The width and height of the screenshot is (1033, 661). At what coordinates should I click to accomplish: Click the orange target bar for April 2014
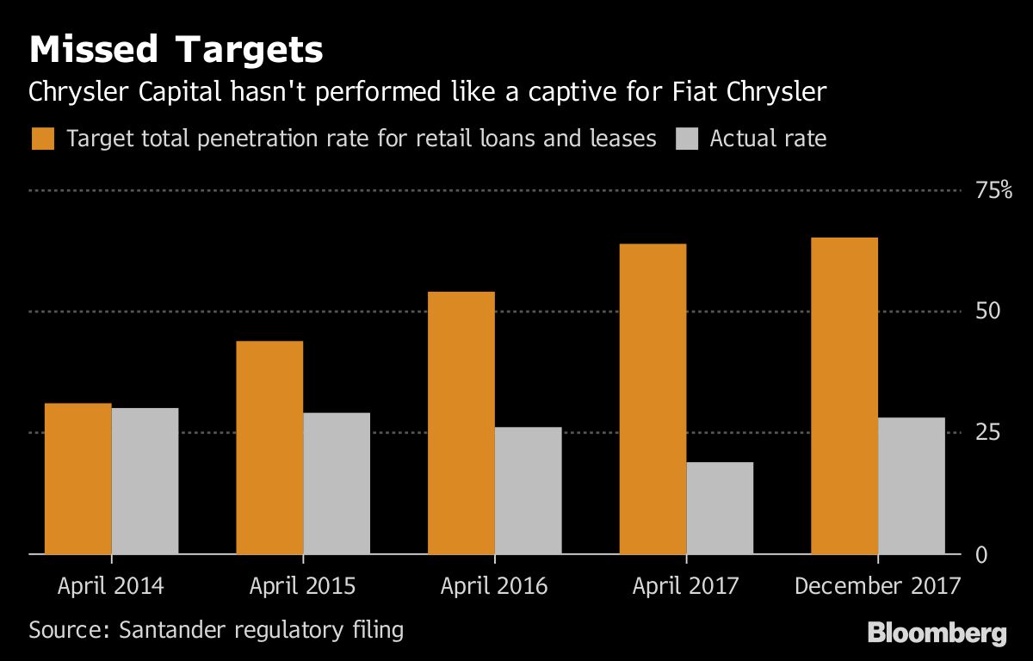pos(77,479)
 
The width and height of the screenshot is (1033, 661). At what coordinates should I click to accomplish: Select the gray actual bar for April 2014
pos(145,480)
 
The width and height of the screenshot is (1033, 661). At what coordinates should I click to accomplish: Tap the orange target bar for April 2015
pos(269,448)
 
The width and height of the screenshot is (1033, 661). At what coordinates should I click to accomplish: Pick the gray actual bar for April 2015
pos(337,483)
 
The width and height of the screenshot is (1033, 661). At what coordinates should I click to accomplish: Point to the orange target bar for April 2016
pos(461,423)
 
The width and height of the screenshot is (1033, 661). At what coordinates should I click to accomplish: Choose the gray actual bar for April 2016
pos(528,491)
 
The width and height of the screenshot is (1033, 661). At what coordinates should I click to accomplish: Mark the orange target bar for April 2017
pos(653,398)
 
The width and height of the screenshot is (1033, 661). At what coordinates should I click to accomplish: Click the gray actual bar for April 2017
pos(720,508)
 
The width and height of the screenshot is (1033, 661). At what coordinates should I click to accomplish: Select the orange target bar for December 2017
pos(844,395)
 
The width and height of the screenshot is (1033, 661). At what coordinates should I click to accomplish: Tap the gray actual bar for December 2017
pos(912,485)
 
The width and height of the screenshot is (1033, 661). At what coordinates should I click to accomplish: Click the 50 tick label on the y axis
pos(987,312)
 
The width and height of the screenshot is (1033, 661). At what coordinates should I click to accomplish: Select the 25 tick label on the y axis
pos(987,432)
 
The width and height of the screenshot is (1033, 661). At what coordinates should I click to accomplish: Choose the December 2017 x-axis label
pos(877,587)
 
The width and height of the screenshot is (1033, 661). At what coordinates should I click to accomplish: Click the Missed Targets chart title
pos(176,51)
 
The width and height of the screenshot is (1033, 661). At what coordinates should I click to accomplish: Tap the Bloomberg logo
pos(937,634)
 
